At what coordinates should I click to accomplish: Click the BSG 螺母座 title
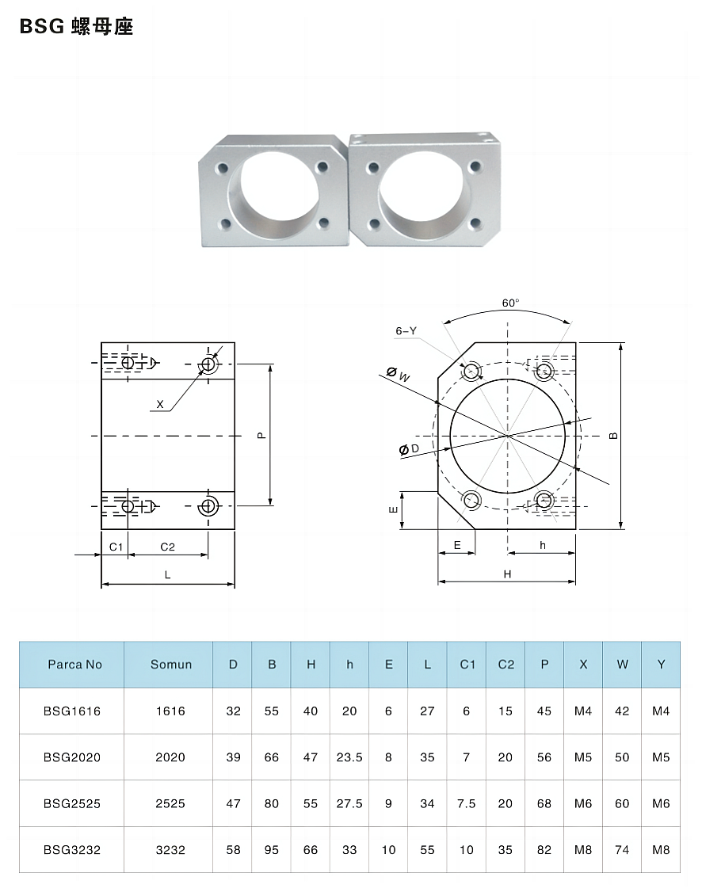(76, 26)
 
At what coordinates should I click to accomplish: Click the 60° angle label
(510, 303)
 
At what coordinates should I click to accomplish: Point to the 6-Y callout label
(406, 330)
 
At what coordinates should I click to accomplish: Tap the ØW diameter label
(399, 375)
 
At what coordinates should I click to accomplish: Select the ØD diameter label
(409, 449)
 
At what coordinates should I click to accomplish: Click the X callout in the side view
(160, 404)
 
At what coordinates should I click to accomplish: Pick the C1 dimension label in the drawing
(116, 547)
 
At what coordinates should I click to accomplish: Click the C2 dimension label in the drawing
(167, 547)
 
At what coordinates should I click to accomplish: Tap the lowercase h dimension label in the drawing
(543, 545)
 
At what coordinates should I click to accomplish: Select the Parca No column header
(74, 665)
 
